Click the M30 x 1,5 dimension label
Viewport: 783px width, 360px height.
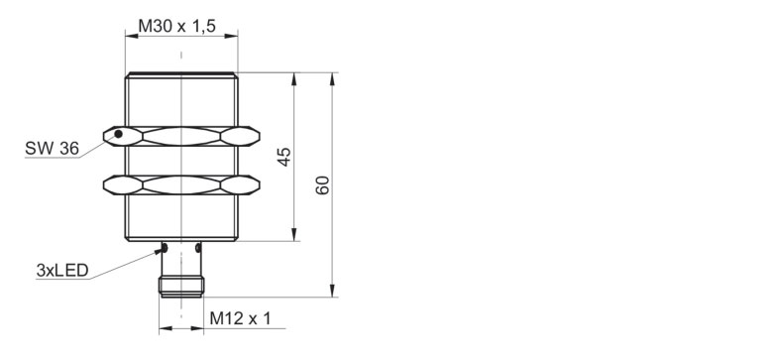176,26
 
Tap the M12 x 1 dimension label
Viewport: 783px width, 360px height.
240,318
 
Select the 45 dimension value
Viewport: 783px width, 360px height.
283,157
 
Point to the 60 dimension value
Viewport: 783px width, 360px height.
322,185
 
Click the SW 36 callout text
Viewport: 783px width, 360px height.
52,148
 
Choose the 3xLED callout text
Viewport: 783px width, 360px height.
61,271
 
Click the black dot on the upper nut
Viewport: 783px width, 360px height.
118,134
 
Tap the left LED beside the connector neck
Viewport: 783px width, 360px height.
165,248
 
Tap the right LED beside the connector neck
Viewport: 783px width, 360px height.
198,248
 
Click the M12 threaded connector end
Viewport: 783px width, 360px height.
181,287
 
